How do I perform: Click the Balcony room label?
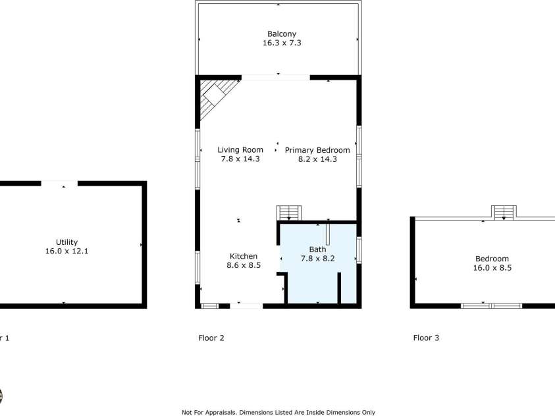pyautogui.click(x=281, y=34)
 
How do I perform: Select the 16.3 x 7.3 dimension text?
pyautogui.click(x=281, y=43)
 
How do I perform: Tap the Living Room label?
pyautogui.click(x=241, y=150)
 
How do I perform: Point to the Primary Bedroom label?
pyautogui.click(x=317, y=150)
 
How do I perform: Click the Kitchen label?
pyautogui.click(x=243, y=257)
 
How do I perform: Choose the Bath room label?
pyautogui.click(x=317, y=249)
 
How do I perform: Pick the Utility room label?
pyautogui.click(x=66, y=242)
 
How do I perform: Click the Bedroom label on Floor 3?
pyautogui.click(x=492, y=259)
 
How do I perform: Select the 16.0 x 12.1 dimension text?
pyautogui.click(x=66, y=251)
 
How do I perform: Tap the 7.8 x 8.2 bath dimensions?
pyautogui.click(x=317, y=259)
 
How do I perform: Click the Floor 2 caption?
pyautogui.click(x=211, y=338)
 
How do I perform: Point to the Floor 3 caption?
pyautogui.click(x=426, y=338)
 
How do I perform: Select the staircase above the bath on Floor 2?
pyautogui.click(x=289, y=213)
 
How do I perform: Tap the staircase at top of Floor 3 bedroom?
pyautogui.click(x=504, y=211)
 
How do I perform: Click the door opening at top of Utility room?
pyautogui.click(x=59, y=183)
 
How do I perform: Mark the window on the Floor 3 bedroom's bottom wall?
pyautogui.click(x=491, y=305)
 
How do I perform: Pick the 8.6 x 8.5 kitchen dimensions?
pyautogui.click(x=243, y=266)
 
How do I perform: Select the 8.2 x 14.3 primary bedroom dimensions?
pyautogui.click(x=317, y=159)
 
